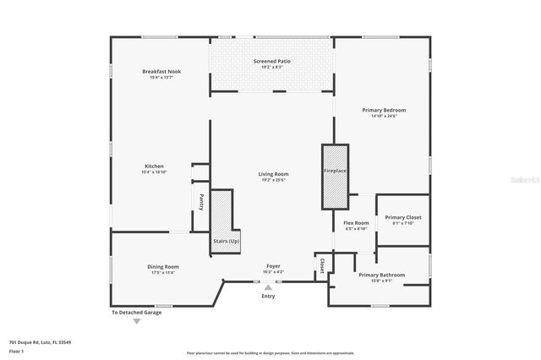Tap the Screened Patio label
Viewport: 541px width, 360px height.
pos(272,61)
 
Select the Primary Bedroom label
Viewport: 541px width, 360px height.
pos(384,110)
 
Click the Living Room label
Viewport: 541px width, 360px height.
pos(273,174)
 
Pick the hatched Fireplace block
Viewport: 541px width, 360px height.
pos(334,176)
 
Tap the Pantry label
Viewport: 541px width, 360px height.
pos(201,202)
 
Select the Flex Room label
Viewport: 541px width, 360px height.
pos(355,223)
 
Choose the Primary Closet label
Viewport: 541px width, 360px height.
pos(402,217)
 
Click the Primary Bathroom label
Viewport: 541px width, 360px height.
pos(381,275)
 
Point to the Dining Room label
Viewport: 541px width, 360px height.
pos(163,267)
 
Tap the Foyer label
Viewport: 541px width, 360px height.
pos(273,266)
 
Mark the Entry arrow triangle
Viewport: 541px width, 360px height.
pos(268,288)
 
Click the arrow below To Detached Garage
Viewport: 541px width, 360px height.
pos(136,321)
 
